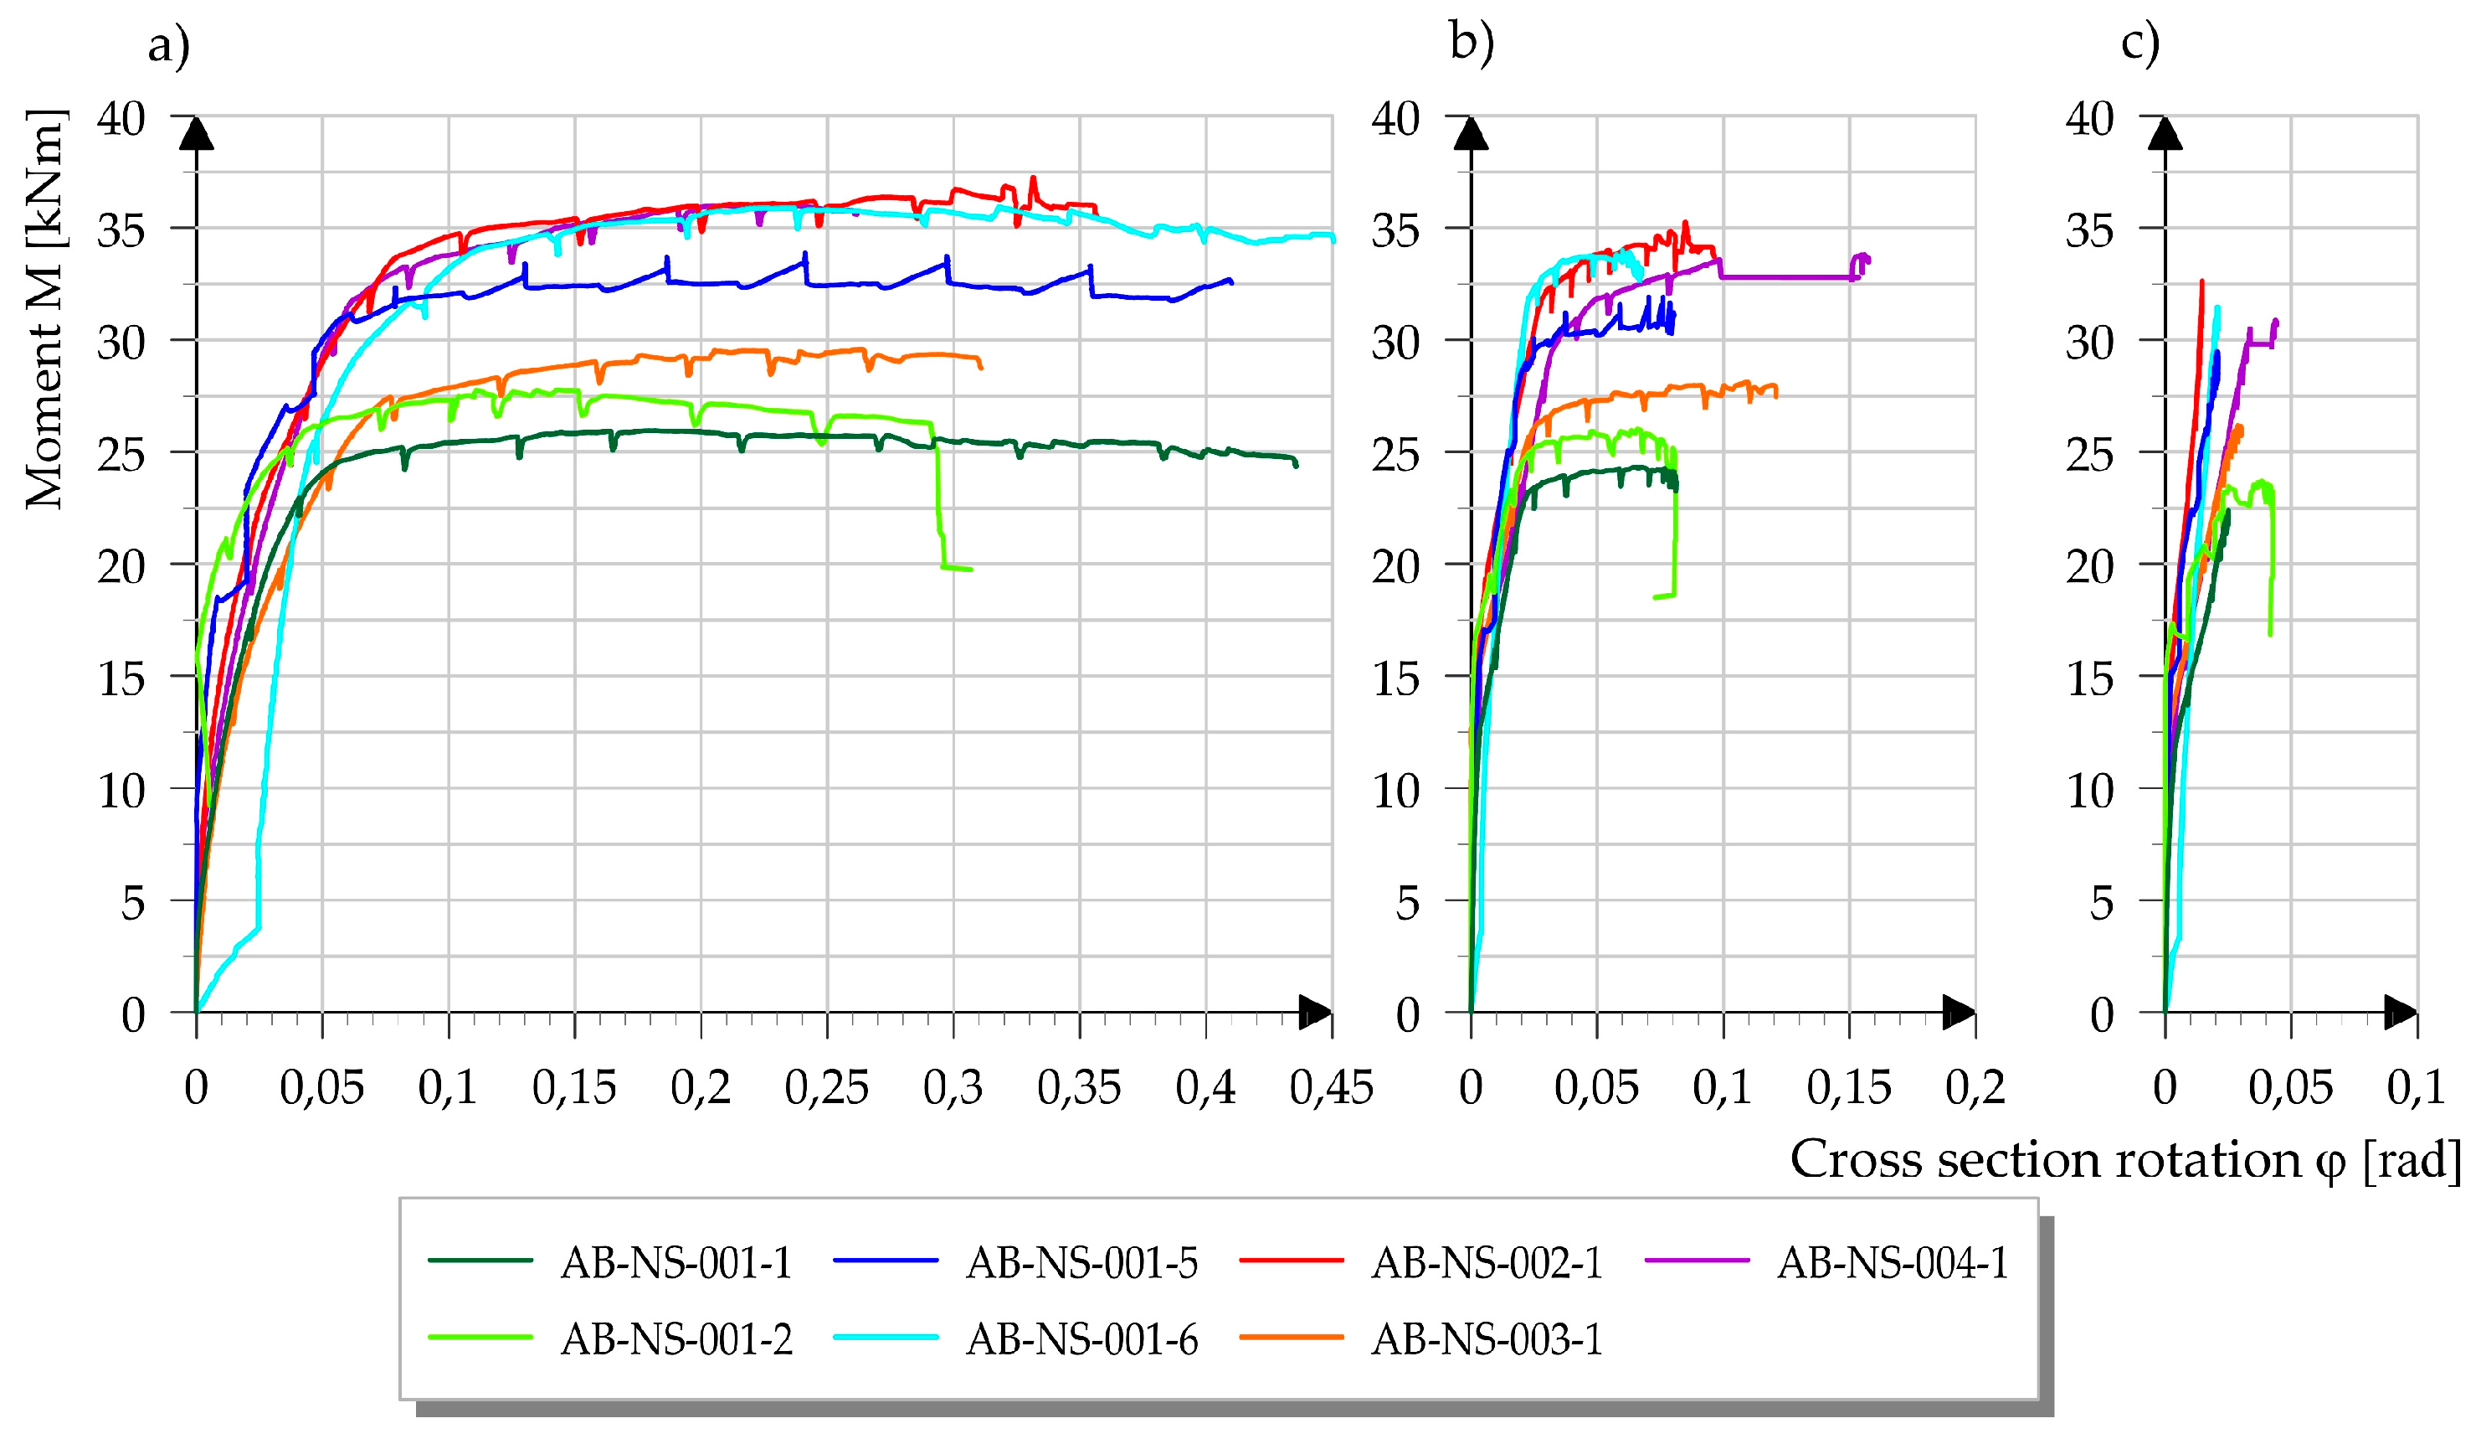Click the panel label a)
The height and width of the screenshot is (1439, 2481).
click(x=168, y=45)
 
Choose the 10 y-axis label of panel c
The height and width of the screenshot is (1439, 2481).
click(x=2089, y=791)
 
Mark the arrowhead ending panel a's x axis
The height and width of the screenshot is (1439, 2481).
click(x=1315, y=1013)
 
